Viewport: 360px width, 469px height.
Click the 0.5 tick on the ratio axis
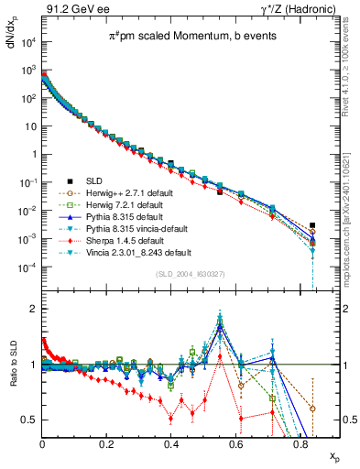31,420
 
